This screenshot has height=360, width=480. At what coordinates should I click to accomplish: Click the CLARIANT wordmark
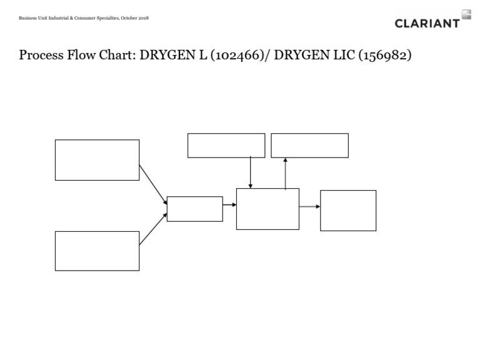point(427,23)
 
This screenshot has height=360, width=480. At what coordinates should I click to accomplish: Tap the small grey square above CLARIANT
point(466,13)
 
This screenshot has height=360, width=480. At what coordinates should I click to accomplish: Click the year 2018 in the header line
point(142,17)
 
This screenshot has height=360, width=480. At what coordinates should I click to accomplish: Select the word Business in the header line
point(27,17)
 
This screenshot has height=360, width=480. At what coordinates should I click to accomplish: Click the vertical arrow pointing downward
point(250,172)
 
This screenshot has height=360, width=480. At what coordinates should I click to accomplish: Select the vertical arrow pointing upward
point(285,173)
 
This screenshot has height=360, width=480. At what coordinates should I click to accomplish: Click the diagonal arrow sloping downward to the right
point(153,183)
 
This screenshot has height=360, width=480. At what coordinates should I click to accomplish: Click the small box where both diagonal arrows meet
point(194,209)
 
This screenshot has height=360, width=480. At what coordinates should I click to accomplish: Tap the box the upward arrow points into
point(309,146)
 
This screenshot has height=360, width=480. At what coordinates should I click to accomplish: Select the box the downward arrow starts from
point(226,146)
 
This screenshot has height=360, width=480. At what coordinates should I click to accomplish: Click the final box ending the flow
point(348,211)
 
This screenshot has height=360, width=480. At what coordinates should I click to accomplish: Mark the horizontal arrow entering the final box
point(309,206)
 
